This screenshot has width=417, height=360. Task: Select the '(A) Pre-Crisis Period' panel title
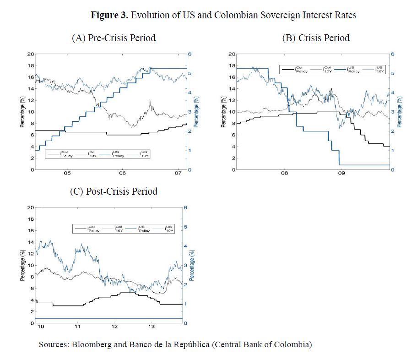coord(114,38)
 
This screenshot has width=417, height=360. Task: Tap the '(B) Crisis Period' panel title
coord(315,38)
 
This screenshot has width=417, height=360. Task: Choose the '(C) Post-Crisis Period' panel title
coord(114,191)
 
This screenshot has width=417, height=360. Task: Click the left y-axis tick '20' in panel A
coord(30,54)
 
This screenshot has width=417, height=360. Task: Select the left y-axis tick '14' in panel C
coord(30,242)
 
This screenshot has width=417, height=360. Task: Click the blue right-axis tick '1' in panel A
coord(190,150)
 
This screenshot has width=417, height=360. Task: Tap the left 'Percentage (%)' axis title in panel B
coord(223,112)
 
